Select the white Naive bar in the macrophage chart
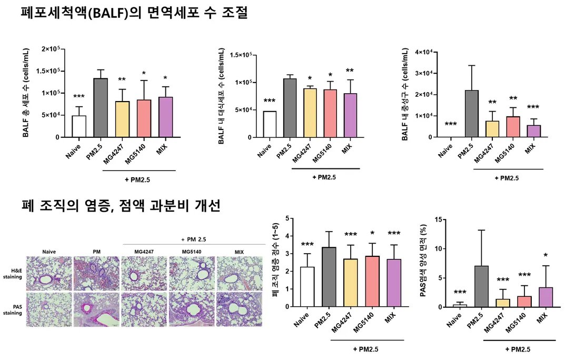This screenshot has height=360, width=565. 269,124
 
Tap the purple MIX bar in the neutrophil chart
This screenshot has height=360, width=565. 534,131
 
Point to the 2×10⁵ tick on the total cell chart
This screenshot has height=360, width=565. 53,49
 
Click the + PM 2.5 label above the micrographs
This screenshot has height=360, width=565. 193,239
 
